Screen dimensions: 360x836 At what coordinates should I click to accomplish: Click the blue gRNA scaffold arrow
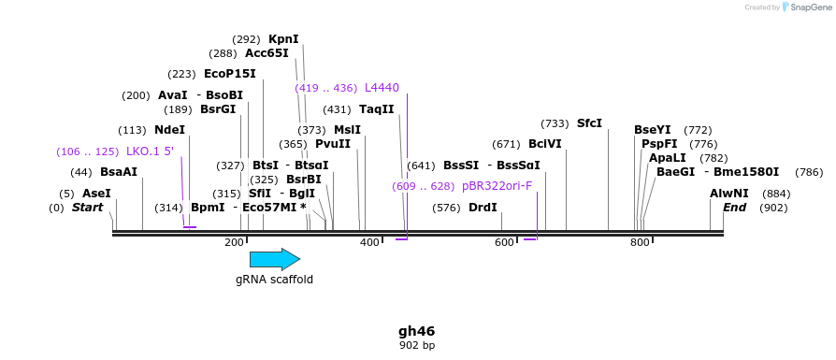[274, 259]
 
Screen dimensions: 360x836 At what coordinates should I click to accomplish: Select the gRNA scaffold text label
[274, 279]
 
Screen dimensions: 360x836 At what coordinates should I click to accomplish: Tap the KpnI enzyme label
[283, 39]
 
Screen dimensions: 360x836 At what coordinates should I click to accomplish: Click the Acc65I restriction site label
[267, 53]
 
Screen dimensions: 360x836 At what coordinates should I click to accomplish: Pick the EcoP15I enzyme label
[229, 74]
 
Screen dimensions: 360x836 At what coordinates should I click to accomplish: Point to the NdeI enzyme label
[169, 130]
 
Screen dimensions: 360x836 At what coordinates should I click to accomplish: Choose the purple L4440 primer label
[382, 88]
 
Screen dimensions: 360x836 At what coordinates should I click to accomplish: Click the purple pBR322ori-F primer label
[497, 186]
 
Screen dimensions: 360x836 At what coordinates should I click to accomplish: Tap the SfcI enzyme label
[589, 123]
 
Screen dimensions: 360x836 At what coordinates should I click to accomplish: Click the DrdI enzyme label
[483, 208]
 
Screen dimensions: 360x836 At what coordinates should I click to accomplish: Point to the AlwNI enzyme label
[729, 194]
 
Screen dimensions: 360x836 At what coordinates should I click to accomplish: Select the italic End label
[734, 208]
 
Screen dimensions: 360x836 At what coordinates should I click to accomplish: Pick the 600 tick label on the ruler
[504, 243]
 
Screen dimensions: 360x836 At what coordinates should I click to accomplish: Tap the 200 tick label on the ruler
[234, 243]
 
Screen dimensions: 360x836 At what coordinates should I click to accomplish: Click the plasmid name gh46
[416, 331]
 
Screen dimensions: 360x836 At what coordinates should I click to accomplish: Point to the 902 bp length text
[416, 345]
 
